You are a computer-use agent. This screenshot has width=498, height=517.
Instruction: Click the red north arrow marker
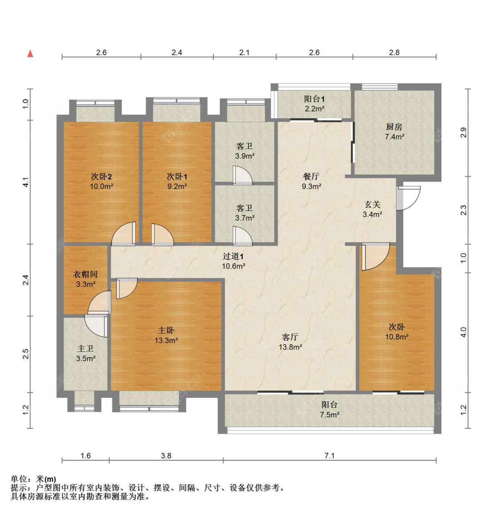tap(30, 54)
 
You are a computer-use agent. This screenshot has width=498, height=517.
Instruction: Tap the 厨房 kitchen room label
tap(394, 127)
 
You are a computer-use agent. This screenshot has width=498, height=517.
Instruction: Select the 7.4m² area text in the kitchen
tap(394, 137)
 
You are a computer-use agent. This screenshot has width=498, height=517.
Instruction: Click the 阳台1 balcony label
tap(314, 99)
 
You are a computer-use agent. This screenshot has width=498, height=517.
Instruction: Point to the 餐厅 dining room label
tap(311, 176)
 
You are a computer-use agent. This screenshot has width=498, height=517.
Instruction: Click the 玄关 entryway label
tap(372, 204)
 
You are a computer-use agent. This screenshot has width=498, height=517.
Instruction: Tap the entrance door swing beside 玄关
tap(408, 198)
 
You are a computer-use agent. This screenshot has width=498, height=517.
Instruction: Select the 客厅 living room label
tap(290, 337)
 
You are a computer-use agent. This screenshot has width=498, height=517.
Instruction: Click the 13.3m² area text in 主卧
tap(166, 340)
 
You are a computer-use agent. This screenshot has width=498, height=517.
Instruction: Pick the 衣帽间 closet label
tap(85, 274)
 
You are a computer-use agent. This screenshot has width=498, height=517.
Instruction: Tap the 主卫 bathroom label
tap(85, 349)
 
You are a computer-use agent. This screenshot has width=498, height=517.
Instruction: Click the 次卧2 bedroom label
tap(101, 176)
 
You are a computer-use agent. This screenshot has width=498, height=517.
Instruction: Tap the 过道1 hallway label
tap(233, 256)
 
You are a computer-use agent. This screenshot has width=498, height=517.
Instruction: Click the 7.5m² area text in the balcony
tap(329, 415)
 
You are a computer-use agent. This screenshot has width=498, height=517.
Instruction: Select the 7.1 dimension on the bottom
tap(329, 455)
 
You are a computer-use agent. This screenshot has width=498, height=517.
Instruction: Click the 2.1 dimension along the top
tap(244, 52)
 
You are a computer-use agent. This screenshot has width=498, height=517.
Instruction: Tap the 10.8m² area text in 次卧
tap(397, 337)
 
